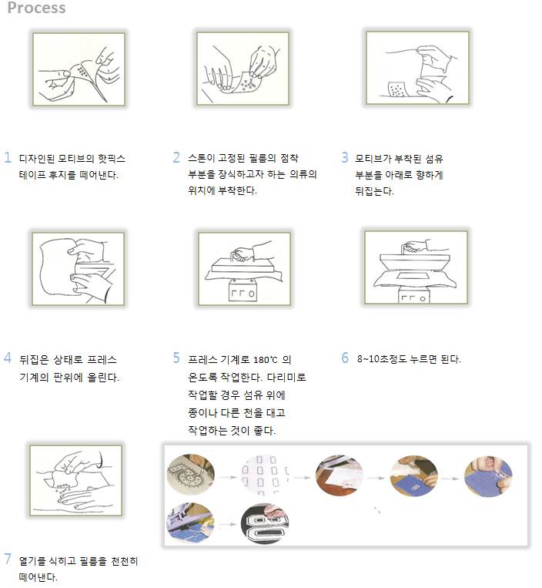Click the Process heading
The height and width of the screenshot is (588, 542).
(x=36, y=8)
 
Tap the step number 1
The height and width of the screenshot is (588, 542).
(x=8, y=157)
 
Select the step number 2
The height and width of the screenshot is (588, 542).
(x=176, y=157)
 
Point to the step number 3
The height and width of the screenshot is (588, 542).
(x=345, y=157)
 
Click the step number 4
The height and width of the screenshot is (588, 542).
(x=8, y=358)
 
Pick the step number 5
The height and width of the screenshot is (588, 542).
(x=176, y=358)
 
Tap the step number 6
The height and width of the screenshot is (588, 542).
(x=345, y=358)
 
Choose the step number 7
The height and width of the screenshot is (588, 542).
(x=8, y=559)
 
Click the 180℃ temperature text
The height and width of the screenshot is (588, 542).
(x=265, y=360)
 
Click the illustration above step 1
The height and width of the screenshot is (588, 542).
(x=79, y=69)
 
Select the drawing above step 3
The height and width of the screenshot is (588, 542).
(x=417, y=68)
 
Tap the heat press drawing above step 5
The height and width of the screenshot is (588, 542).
(x=244, y=268)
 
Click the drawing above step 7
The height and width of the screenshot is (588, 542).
(x=76, y=480)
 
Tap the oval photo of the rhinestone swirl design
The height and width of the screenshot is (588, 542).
(x=191, y=475)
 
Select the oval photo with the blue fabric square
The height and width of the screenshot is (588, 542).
(x=413, y=476)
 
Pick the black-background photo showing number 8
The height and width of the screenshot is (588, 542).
(x=265, y=524)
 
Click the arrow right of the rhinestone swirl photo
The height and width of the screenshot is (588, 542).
(x=228, y=477)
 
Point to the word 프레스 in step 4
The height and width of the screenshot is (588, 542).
(x=102, y=360)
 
